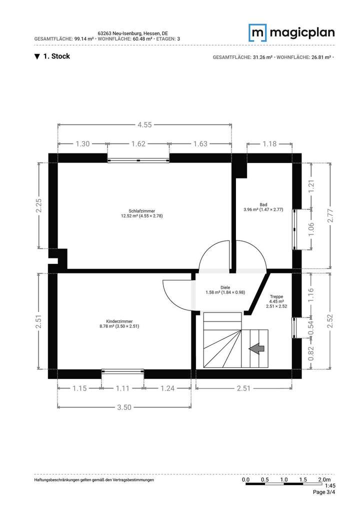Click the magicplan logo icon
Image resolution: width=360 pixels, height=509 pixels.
point(258,32)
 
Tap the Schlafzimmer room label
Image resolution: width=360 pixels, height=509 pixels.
point(142,213)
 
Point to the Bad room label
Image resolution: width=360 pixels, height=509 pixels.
point(263,207)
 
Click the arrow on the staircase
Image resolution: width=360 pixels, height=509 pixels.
point(257,348)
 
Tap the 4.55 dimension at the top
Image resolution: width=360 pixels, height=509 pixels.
point(144,125)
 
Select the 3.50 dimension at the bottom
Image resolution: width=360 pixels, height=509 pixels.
point(124,407)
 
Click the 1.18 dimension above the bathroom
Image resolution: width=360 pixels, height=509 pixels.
point(269,144)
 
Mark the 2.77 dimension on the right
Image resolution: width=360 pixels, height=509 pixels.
point(329,215)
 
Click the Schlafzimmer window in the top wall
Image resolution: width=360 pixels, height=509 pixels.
point(138,160)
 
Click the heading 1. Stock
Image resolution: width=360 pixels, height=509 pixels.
point(52,56)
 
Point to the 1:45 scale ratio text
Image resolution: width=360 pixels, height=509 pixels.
point(330,485)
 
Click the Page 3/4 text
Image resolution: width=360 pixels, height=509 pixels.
point(324,492)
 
